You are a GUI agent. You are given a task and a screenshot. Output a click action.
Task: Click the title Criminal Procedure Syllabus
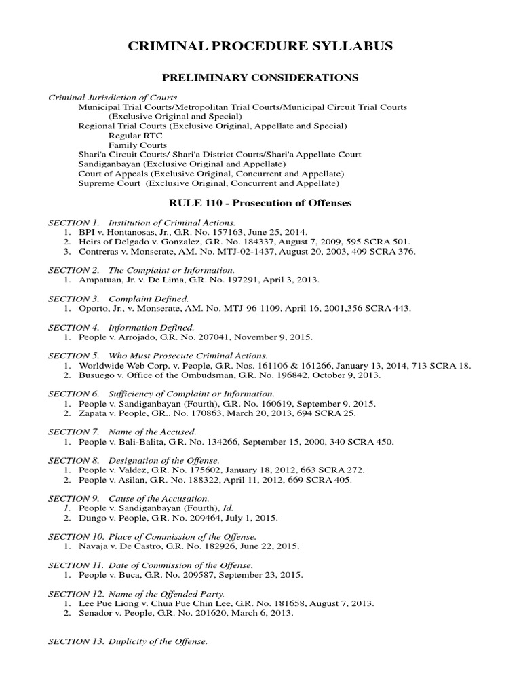click(260, 46)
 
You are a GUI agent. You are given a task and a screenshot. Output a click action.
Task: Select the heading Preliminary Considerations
click(260, 77)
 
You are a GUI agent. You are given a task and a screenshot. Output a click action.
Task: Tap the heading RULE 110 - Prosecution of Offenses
click(260, 203)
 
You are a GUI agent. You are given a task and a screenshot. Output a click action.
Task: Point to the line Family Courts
click(137, 145)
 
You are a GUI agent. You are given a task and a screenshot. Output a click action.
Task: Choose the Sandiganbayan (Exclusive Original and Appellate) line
click(182, 164)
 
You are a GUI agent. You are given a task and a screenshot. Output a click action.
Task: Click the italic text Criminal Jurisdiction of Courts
click(113, 98)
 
